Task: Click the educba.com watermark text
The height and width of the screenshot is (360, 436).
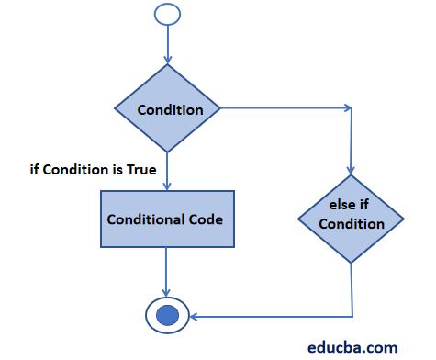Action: tap(352, 346)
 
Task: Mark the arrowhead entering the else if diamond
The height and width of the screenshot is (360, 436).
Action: tap(352, 174)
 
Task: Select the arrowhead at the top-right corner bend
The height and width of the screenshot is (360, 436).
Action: tap(347, 109)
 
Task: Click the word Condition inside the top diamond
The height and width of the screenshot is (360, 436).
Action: tap(170, 110)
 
